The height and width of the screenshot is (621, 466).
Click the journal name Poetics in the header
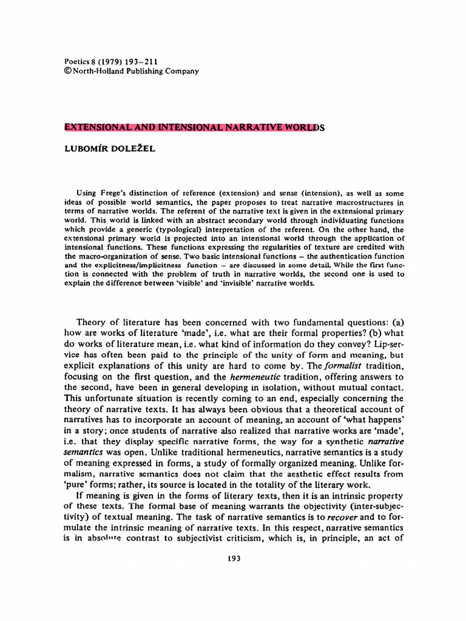[x=78, y=61]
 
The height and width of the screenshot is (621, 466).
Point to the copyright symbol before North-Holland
[x=67, y=71]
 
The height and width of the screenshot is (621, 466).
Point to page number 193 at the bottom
[x=233, y=560]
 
